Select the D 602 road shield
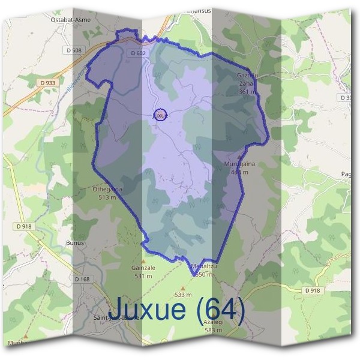[138, 53]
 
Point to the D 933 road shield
[49, 82]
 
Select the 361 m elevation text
[247, 92]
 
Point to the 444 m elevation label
[239, 172]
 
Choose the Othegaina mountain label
[107, 190]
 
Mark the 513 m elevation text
[107, 197]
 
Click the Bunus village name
[74, 243]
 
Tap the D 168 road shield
[82, 279]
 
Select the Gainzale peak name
[143, 268]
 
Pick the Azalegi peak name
[214, 322]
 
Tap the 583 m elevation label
[214, 330]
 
